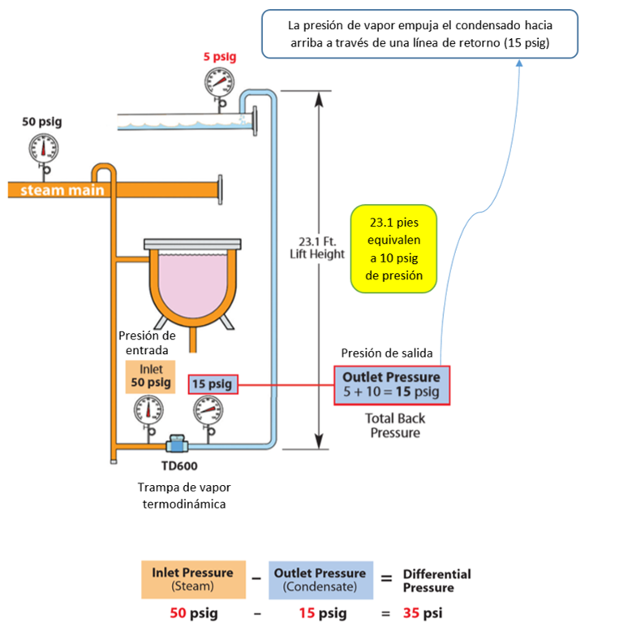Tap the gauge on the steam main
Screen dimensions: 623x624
tap(44, 147)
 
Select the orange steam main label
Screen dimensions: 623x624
tap(51, 190)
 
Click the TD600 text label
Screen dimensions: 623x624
tap(179, 466)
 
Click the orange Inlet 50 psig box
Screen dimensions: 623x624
tap(151, 375)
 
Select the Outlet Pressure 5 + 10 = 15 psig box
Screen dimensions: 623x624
tap(392, 385)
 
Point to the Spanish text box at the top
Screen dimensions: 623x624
tap(420, 34)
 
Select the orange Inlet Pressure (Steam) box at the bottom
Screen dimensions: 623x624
tap(192, 579)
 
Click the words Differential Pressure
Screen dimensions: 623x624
tap(437, 580)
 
